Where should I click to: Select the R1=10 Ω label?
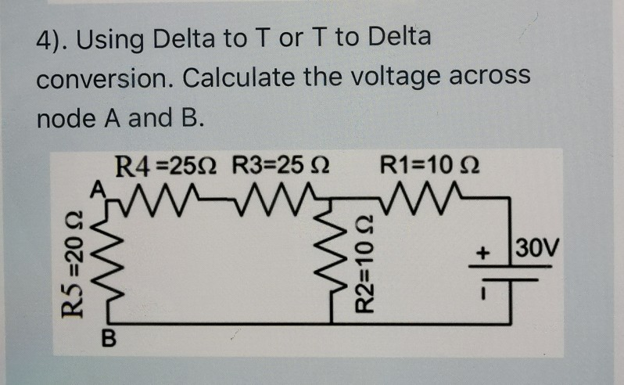coord(429,167)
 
